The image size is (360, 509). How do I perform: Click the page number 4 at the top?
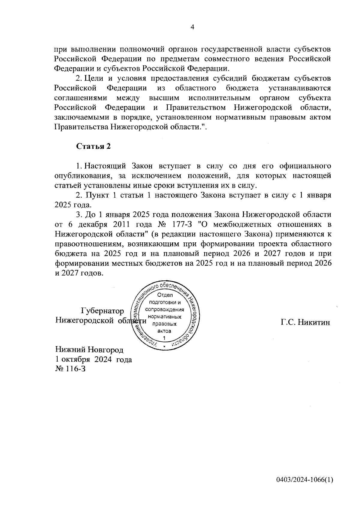[193, 27]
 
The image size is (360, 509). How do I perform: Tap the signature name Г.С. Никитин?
[305, 322]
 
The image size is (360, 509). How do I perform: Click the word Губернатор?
[102, 311]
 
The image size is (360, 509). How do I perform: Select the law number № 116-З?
[70, 369]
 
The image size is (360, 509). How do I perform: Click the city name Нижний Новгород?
[89, 350]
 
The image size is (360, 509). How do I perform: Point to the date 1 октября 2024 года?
[94, 359]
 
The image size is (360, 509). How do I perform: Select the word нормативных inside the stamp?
[164, 317]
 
